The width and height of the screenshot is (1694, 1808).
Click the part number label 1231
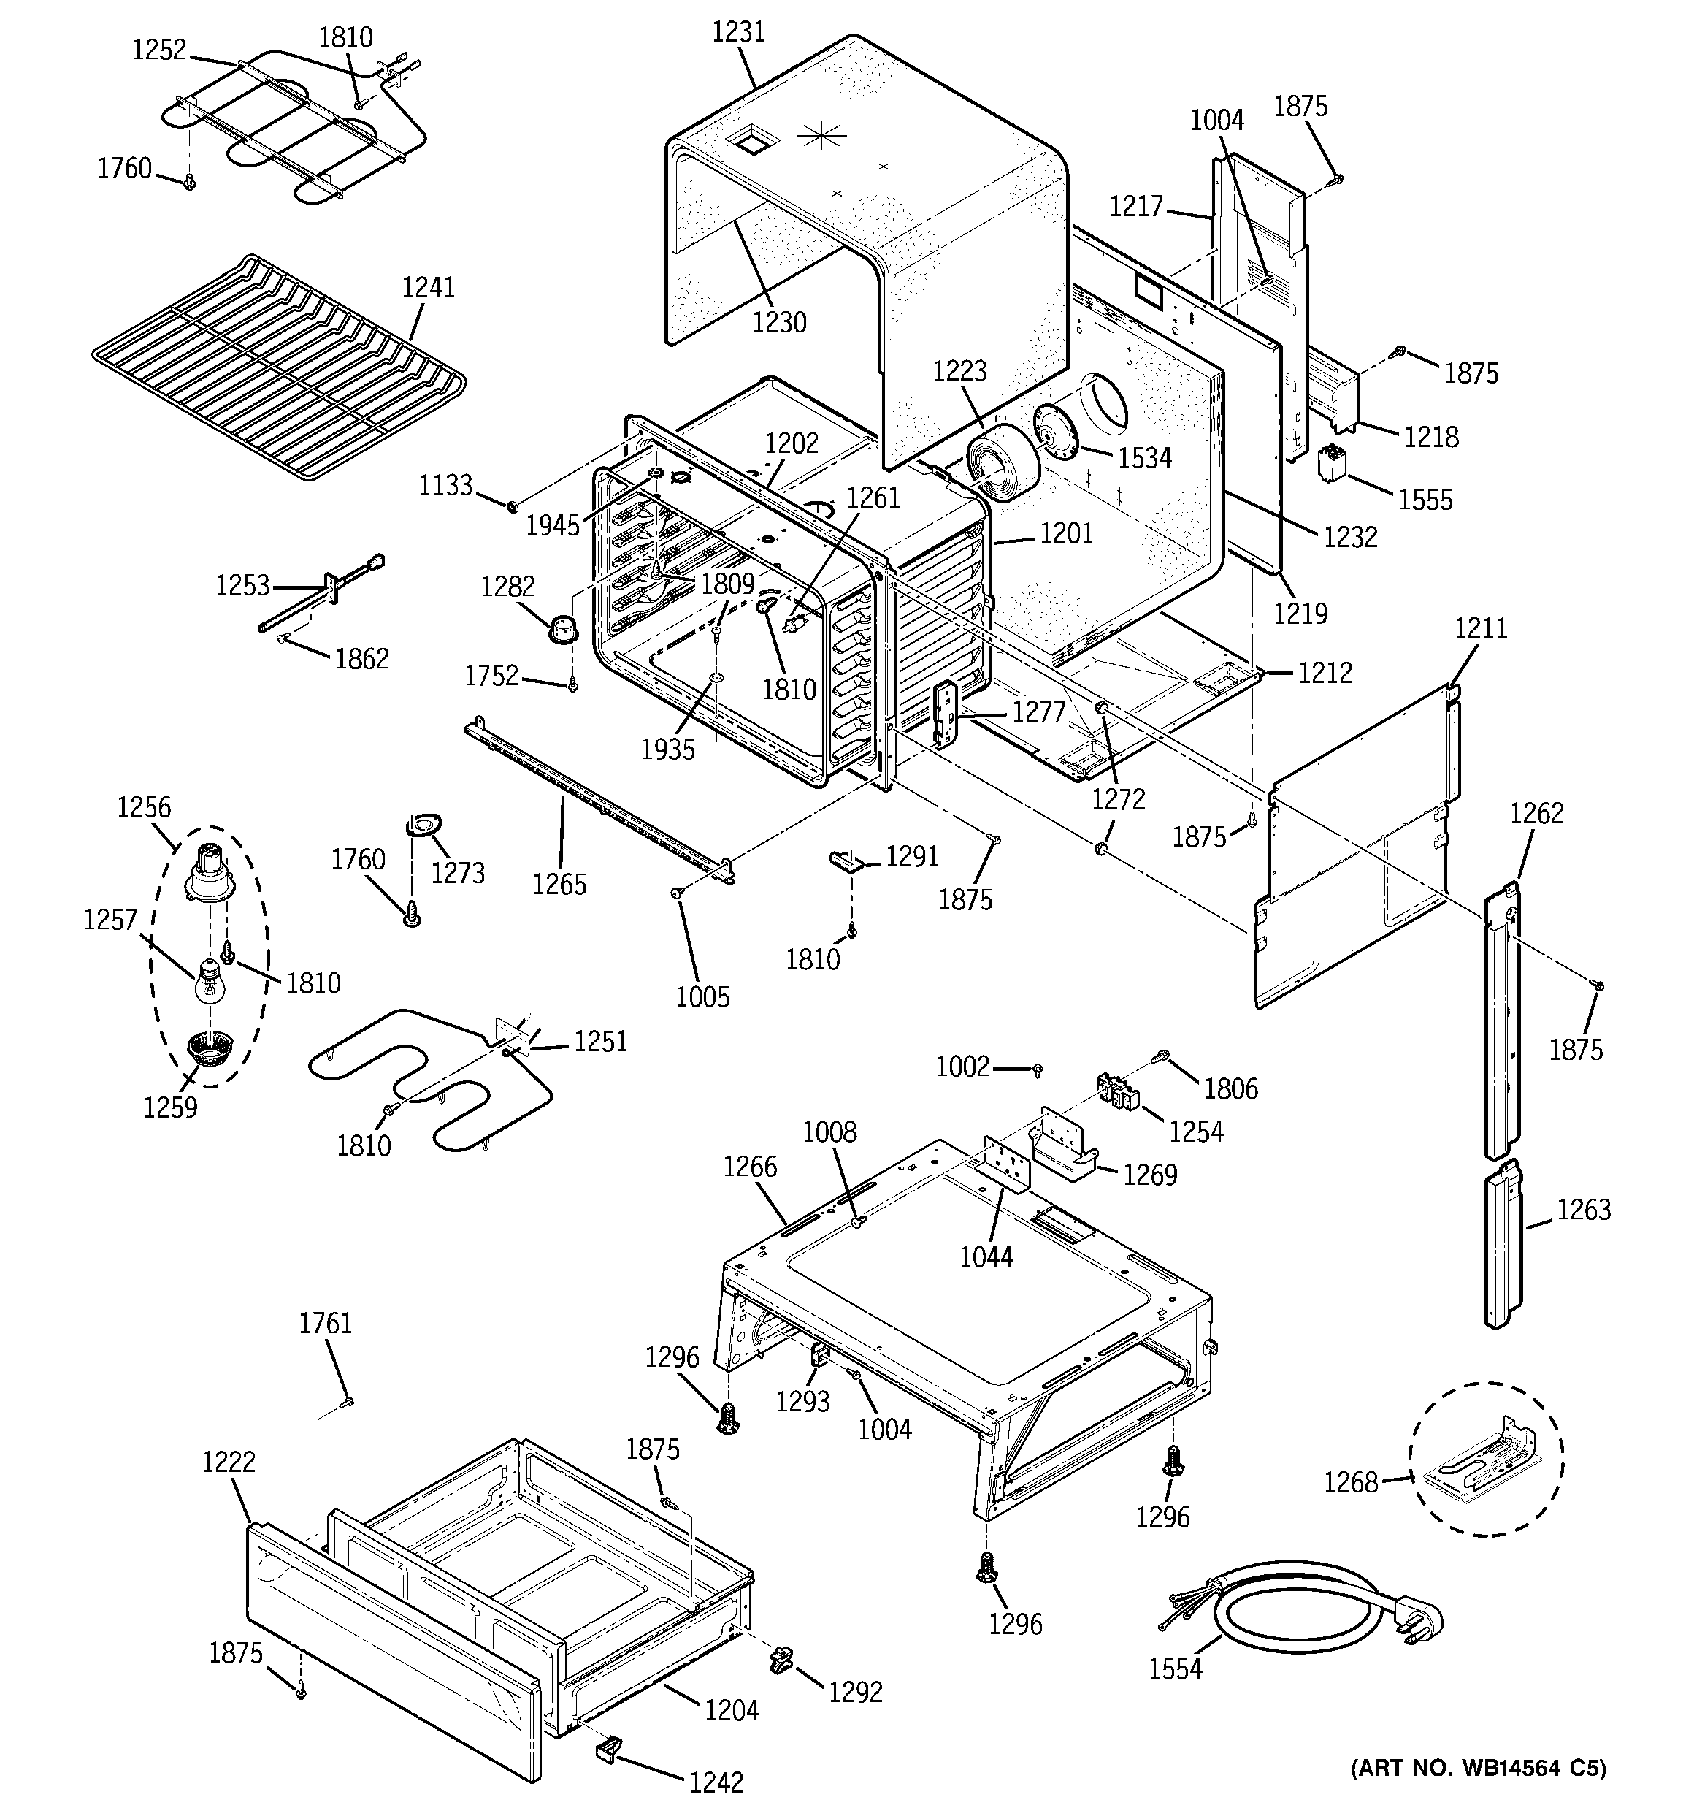737,33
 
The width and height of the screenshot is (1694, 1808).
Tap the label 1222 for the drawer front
229,1462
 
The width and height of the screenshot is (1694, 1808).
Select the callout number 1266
750,1166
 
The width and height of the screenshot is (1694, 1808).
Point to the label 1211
1480,628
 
